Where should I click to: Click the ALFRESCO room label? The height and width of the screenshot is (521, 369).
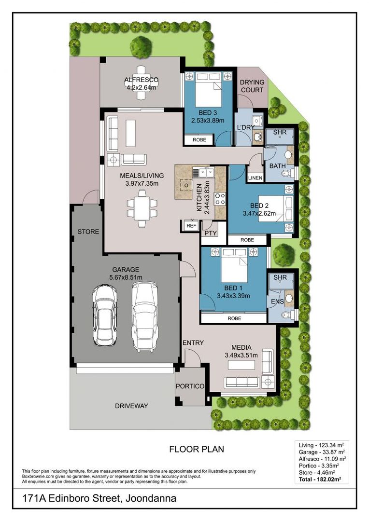(142, 80)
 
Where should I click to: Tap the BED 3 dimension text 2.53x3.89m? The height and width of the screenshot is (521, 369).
(208, 121)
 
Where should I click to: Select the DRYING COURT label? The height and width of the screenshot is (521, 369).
(252, 86)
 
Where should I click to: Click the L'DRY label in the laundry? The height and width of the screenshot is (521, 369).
(245, 127)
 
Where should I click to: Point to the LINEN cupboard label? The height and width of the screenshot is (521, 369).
(255, 178)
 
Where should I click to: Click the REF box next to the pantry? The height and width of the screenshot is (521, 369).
(191, 226)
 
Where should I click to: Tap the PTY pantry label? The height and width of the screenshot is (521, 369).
(210, 233)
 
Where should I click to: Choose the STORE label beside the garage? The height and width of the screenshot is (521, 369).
(88, 232)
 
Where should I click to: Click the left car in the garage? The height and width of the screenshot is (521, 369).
(105, 315)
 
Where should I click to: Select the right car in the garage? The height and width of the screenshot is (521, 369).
(144, 316)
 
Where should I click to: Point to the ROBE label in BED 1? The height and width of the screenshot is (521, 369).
(234, 318)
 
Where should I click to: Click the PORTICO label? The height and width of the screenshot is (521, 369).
(190, 386)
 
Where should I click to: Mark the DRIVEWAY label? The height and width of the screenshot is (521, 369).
(131, 406)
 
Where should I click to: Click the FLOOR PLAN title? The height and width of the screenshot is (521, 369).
(197, 449)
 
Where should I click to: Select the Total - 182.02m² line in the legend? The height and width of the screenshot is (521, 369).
(320, 480)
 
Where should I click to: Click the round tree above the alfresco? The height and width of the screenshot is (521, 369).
(141, 47)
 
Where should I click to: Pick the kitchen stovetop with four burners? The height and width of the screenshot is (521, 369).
(220, 199)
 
